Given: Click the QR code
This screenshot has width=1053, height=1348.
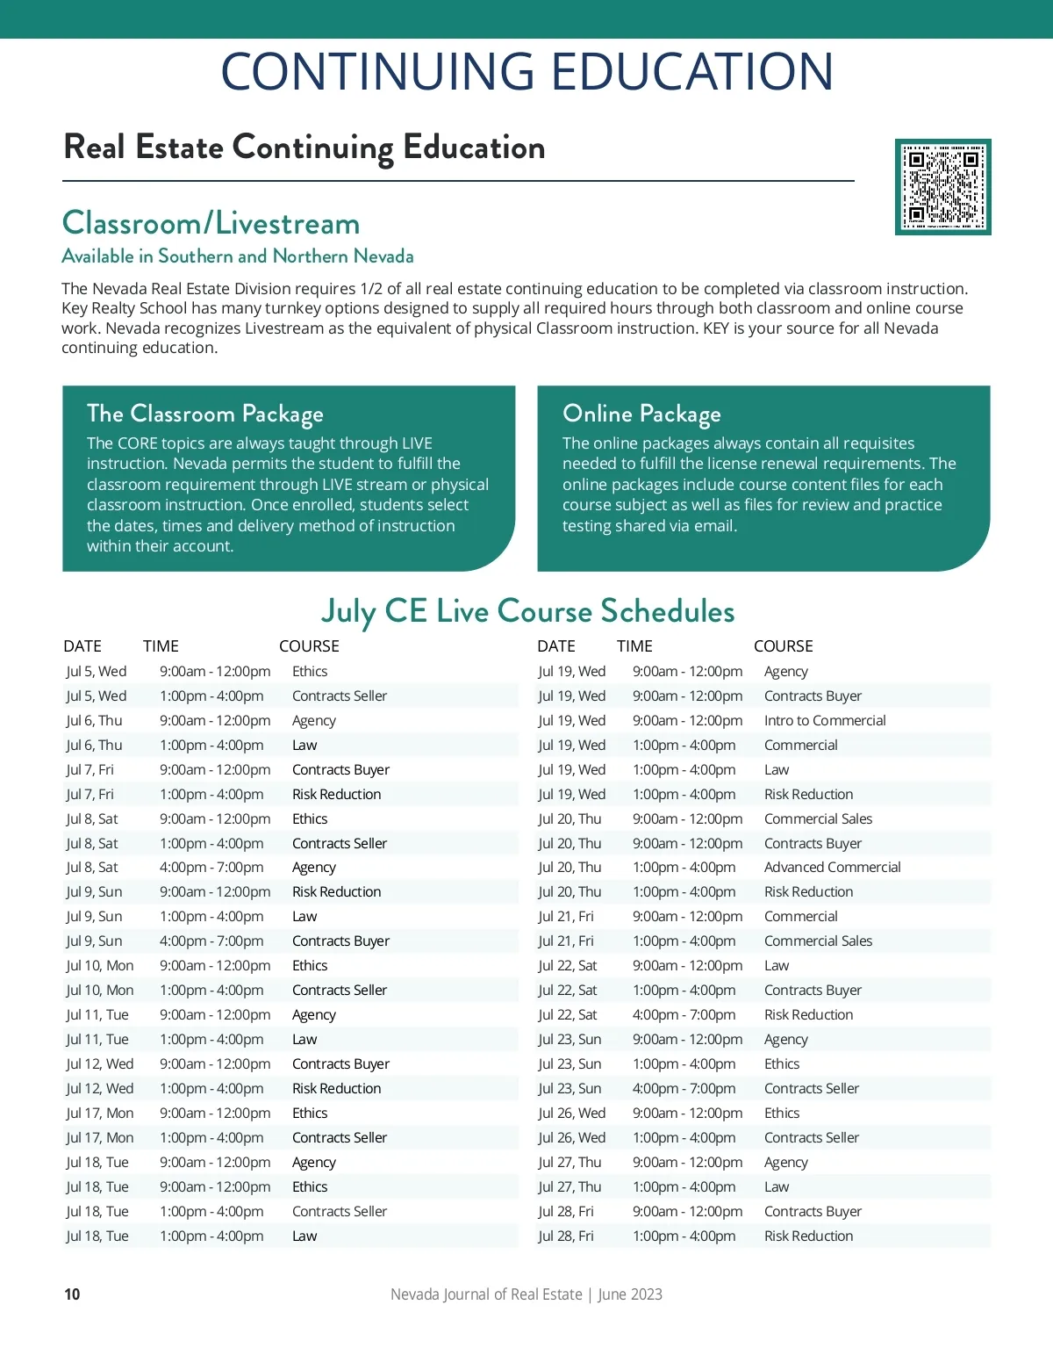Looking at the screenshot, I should click(942, 186).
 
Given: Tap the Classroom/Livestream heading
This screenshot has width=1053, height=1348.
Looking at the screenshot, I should click(211, 223).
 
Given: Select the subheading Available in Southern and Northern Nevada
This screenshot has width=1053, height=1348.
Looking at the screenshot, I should click(237, 256).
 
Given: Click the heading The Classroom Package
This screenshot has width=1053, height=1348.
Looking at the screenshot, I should click(204, 414).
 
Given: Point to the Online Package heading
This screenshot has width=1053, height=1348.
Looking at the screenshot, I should click(641, 414).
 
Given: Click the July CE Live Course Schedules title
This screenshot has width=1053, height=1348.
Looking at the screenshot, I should click(527, 611).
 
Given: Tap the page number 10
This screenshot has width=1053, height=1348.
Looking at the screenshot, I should click(72, 1294).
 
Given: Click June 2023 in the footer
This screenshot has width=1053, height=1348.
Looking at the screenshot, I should click(630, 1294).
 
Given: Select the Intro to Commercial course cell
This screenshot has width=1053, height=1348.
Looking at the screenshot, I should click(825, 720).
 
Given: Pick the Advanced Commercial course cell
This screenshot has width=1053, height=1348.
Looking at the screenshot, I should click(832, 867).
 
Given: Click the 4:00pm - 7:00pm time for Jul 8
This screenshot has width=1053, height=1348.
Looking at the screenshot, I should click(211, 867).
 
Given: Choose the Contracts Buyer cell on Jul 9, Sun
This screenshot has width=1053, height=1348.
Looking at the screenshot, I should click(340, 941).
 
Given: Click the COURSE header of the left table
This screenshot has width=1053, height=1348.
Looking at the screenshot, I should click(309, 646).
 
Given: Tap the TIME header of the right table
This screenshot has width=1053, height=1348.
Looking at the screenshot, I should click(634, 646).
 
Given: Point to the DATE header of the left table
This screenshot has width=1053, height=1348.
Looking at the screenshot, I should click(82, 646).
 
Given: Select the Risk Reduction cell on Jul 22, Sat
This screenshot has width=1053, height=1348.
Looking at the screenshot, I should click(808, 1014).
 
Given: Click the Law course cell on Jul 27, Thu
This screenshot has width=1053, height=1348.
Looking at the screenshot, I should click(777, 1186).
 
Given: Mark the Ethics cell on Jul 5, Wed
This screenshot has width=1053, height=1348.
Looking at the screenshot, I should click(310, 671).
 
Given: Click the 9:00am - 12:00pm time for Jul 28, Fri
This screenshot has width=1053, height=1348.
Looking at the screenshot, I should click(687, 1211).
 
